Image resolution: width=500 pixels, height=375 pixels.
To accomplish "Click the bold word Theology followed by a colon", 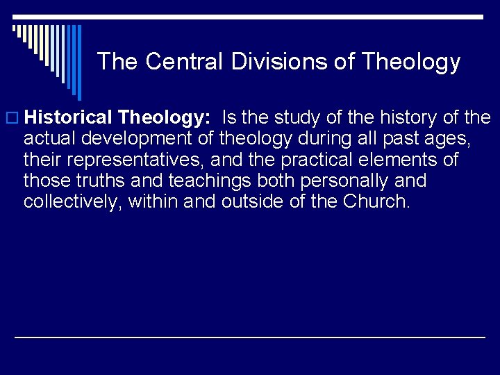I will point(165,117).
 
